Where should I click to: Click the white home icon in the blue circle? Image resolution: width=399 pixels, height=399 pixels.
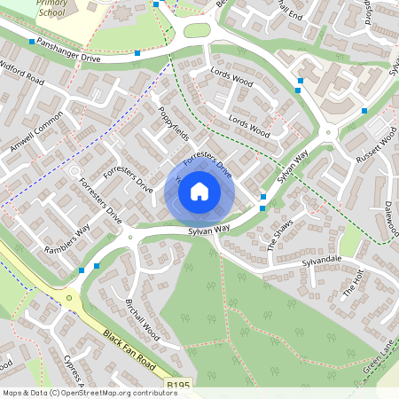[x=199, y=191]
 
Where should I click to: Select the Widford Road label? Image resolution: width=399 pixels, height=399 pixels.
[x=22, y=72]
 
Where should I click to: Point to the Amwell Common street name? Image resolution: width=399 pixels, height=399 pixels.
[x=38, y=131]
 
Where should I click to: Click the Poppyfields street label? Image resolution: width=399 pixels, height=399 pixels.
[x=174, y=125]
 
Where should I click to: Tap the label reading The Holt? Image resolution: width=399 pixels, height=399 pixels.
[x=353, y=283]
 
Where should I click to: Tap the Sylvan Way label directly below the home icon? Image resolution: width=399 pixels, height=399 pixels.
[x=208, y=230]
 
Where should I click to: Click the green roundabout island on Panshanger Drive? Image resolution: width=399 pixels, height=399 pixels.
[x=197, y=29]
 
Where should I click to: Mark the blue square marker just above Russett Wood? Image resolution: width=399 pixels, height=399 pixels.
[x=364, y=111]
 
